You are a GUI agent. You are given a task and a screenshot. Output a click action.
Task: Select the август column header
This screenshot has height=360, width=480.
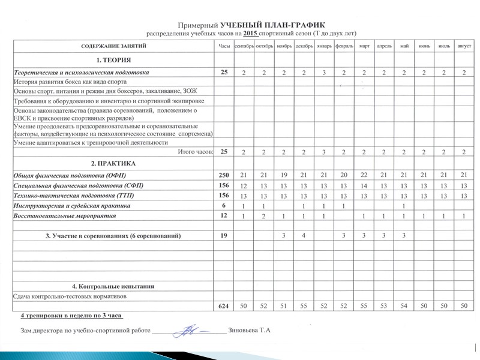point(464,46)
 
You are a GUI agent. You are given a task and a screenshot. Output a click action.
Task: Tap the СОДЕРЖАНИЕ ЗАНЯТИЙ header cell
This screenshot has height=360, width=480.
point(113,46)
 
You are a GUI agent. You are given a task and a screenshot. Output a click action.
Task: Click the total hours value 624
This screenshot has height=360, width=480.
point(224,307)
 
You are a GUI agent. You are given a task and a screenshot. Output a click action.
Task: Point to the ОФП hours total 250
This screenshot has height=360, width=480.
point(224,175)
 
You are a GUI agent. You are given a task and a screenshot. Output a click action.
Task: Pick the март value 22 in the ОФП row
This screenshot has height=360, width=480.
point(364,175)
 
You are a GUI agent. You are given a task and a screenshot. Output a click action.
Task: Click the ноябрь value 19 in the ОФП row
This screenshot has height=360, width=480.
point(283,175)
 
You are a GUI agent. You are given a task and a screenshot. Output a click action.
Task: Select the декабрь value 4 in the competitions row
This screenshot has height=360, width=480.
point(304,235)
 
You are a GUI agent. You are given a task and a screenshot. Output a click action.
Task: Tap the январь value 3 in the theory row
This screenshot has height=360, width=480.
point(323,73)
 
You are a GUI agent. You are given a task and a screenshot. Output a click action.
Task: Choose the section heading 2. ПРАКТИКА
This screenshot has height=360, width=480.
point(113,163)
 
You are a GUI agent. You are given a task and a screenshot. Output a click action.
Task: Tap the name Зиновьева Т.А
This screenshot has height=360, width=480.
point(250,331)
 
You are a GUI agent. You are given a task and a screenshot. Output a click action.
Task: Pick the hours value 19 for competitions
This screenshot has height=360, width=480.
point(224,235)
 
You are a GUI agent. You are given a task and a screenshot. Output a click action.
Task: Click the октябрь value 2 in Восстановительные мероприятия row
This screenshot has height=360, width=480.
point(264,215)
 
